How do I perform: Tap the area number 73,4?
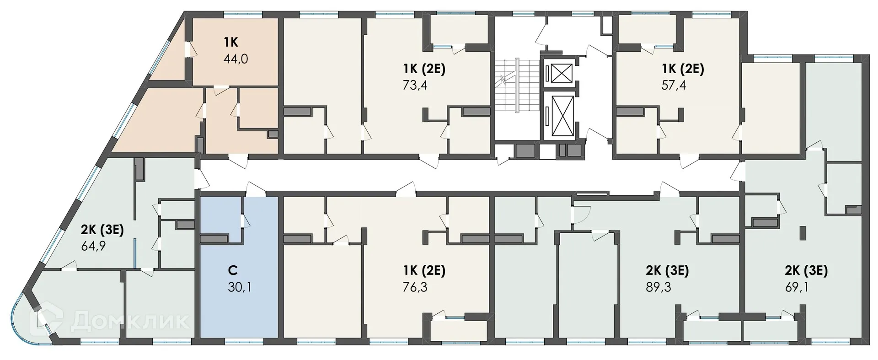(415, 85)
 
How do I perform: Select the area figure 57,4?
(674, 85)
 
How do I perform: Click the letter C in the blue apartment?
(233, 271)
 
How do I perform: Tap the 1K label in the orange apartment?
(231, 43)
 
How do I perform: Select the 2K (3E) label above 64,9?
(102, 230)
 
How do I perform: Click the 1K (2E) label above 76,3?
(424, 270)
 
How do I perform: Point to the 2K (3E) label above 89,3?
(667, 270)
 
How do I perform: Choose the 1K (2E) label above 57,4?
(683, 69)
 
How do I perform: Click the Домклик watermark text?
(130, 320)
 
